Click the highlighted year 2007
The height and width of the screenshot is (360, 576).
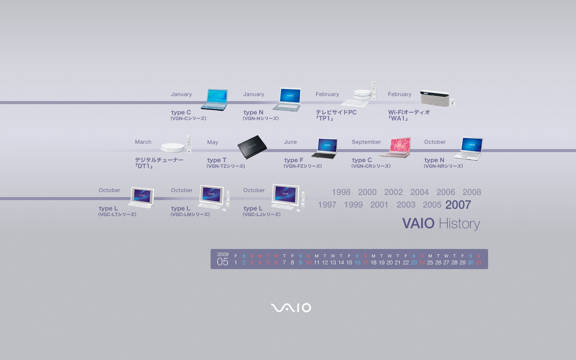[458, 205]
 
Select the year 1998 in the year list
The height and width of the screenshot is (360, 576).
[341, 192]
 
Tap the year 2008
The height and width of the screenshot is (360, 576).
[472, 192]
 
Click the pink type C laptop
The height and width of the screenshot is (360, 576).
[395, 147]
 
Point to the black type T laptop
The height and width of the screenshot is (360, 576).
[252, 147]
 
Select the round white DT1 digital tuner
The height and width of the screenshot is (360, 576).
[172, 147]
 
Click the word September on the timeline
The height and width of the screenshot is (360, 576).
[366, 142]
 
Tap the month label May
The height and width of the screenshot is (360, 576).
[213, 142]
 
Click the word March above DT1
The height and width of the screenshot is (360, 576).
[143, 142]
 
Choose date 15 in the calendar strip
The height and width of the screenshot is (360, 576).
[349, 262]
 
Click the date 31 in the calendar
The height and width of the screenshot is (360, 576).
[478, 262]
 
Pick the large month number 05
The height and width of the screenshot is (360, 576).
[223, 262]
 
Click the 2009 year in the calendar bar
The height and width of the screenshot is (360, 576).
[223, 254]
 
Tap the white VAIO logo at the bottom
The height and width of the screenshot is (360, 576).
[291, 308]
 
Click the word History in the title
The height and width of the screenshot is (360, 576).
[459, 224]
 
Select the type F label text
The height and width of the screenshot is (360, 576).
[294, 160]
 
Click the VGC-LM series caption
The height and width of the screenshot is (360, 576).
[190, 214]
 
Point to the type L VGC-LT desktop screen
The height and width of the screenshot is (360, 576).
[142, 195]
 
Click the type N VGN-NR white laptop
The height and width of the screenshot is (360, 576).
[469, 148]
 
